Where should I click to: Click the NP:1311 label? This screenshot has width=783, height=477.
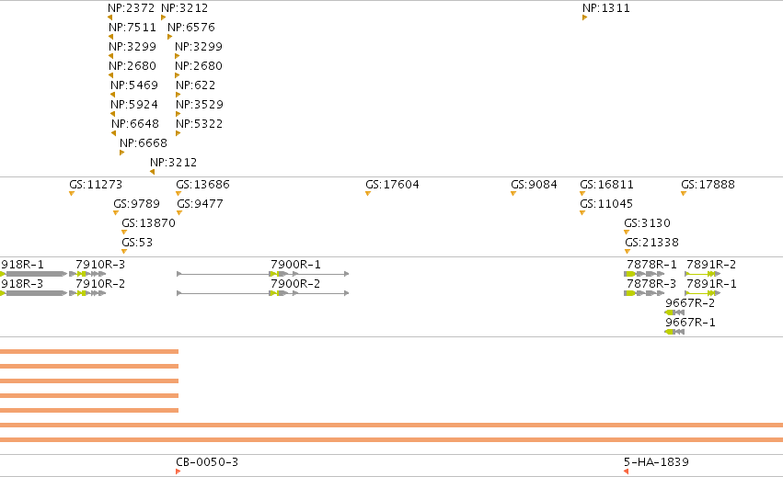coord(606,8)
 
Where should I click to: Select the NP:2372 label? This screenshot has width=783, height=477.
coord(132,8)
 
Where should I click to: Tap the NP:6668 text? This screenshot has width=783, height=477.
coord(144,143)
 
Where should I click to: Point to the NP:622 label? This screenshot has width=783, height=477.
coord(196,85)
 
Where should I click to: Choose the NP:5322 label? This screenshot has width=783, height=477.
coord(200,124)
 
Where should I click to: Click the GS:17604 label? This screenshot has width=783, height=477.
coord(392,185)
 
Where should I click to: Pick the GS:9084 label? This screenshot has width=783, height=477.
coord(534,185)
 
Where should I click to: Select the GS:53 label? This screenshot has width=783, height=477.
coord(137,243)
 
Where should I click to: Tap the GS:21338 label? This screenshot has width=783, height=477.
coord(651,243)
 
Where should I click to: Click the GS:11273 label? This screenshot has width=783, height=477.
coord(96,185)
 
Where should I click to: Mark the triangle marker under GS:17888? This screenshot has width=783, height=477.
coord(684,194)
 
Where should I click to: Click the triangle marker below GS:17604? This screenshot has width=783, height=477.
coord(368,194)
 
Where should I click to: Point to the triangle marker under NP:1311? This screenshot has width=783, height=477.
coord(585,17)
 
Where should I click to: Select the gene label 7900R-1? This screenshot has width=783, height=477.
coord(295,265)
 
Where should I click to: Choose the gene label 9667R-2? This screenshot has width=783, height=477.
coord(690,303)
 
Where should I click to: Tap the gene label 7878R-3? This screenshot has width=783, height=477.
coord(651,284)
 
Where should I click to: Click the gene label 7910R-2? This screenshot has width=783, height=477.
coord(100,284)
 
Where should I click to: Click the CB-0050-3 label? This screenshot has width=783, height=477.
coord(207,462)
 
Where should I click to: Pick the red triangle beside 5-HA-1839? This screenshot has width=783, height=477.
coord(627,471)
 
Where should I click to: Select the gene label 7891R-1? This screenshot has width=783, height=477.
coord(711,284)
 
